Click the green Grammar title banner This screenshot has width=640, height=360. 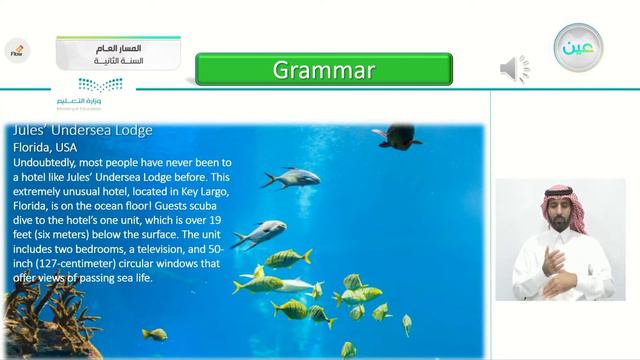[323, 70]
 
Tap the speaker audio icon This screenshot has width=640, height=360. [514, 69]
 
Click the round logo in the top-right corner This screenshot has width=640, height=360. [578, 47]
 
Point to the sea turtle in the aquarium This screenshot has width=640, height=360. [398, 136]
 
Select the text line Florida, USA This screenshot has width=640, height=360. [45, 147]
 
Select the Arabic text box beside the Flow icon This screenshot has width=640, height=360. [119, 53]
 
